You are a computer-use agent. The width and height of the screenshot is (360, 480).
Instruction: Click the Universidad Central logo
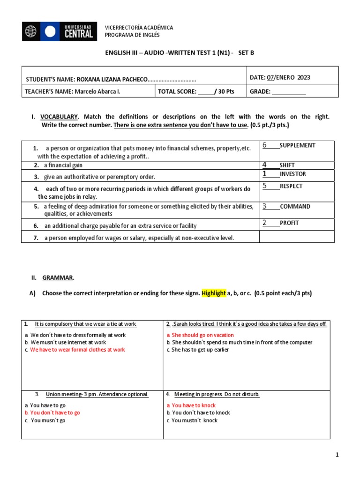(x=60, y=31)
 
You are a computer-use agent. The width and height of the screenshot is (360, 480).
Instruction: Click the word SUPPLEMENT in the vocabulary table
(x=298, y=145)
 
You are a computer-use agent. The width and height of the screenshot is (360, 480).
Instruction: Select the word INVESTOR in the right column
(x=293, y=174)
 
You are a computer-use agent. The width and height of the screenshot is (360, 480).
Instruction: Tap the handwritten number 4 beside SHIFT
(x=264, y=165)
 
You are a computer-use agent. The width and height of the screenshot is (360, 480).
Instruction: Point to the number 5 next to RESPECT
(x=264, y=186)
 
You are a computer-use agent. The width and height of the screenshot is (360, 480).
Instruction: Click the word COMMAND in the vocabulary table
(x=295, y=206)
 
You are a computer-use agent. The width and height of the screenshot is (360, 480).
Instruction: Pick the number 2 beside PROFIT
(x=264, y=223)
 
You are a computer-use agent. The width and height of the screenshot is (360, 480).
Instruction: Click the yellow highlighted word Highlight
(x=213, y=293)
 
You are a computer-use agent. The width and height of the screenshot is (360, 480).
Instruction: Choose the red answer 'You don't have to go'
(x=55, y=413)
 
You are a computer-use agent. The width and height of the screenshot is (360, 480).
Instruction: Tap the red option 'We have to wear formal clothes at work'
(x=77, y=350)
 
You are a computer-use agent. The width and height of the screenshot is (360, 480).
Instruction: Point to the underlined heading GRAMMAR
(x=58, y=278)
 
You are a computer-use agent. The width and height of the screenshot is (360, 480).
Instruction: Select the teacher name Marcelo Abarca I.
(x=97, y=92)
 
